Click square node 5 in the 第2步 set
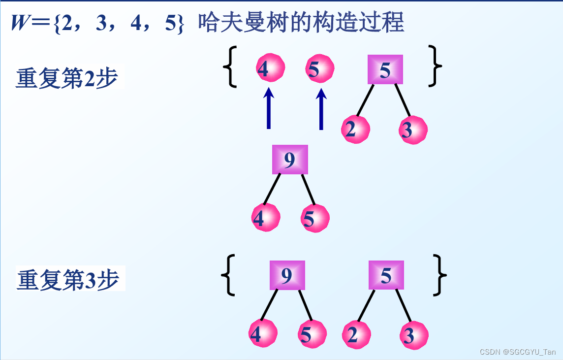385,70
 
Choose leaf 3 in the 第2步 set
412,130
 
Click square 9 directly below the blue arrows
290,160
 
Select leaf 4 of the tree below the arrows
265,218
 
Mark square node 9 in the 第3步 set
287,275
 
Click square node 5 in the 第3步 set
386,275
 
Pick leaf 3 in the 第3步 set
413,335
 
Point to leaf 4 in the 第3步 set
262,333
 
